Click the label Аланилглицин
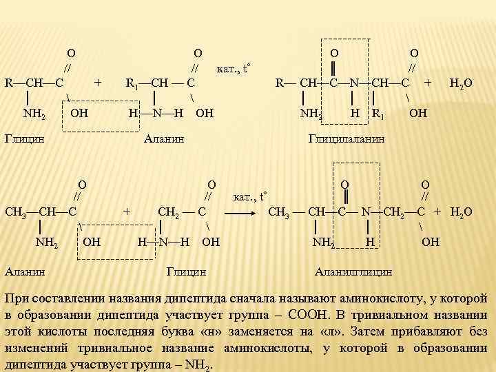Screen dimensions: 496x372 [353, 271]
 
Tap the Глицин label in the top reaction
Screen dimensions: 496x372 [24, 138]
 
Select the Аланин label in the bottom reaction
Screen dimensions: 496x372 [24, 271]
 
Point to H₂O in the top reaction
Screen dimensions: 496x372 [460, 84]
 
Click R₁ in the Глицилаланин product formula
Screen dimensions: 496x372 [378, 113]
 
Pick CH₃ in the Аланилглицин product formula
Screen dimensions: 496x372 [279, 211]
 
